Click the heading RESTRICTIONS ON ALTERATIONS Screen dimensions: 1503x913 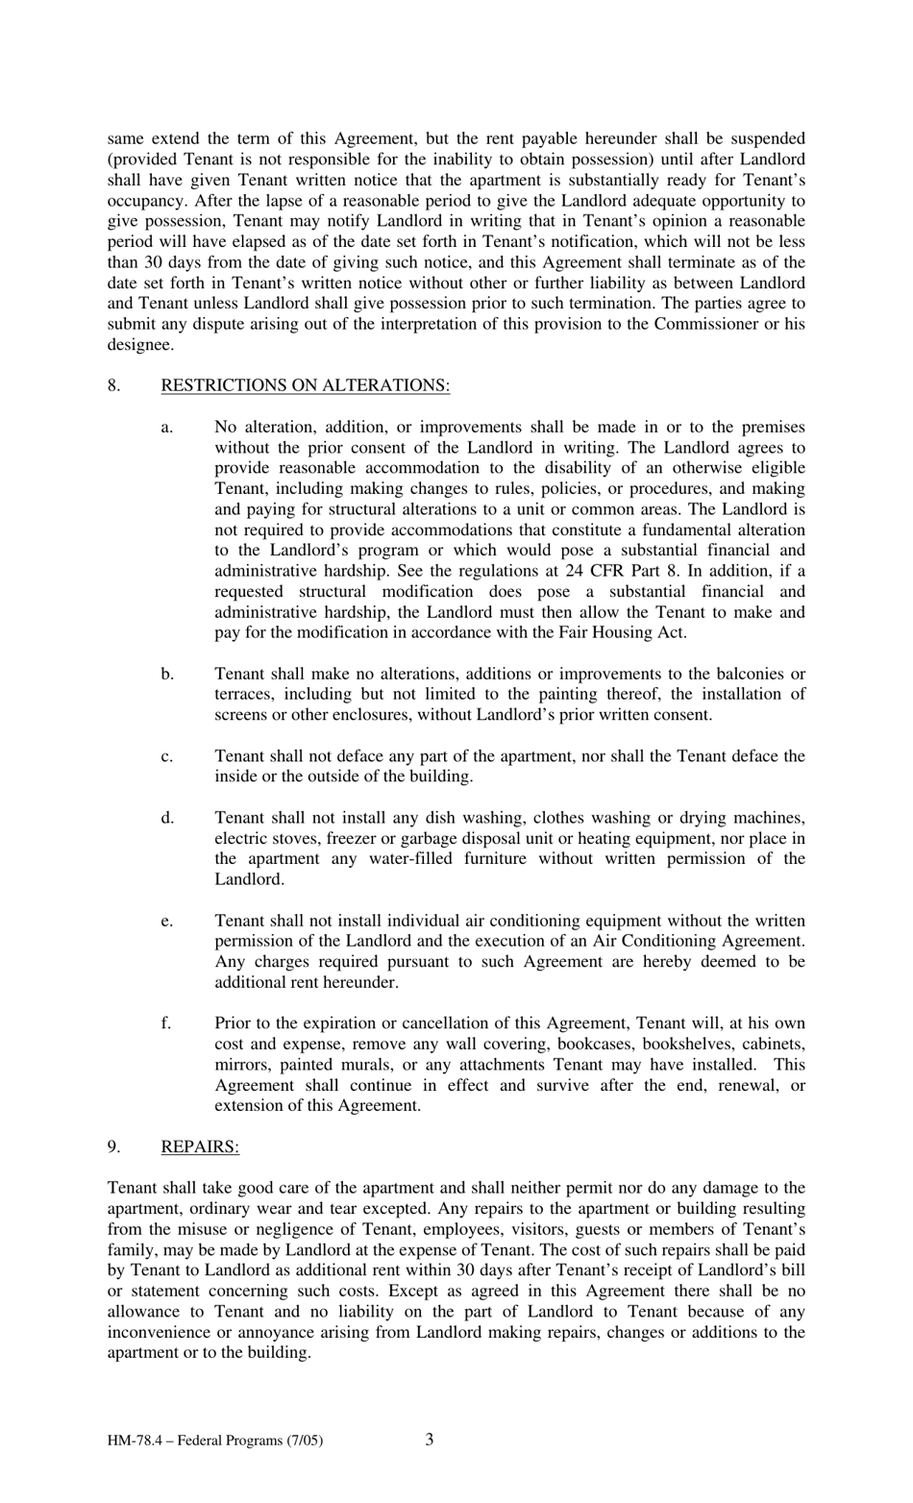point(305,385)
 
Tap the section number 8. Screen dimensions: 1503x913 point(113,385)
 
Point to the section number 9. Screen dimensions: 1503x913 point(113,1146)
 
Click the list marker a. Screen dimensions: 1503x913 point(166,427)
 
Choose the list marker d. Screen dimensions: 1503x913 point(167,818)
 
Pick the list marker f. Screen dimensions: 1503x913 point(166,1023)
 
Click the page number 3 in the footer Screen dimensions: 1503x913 point(429,1439)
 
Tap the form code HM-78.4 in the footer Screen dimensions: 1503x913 point(136,1441)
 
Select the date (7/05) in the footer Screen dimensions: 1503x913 point(302,1441)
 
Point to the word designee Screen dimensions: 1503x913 point(138,344)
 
